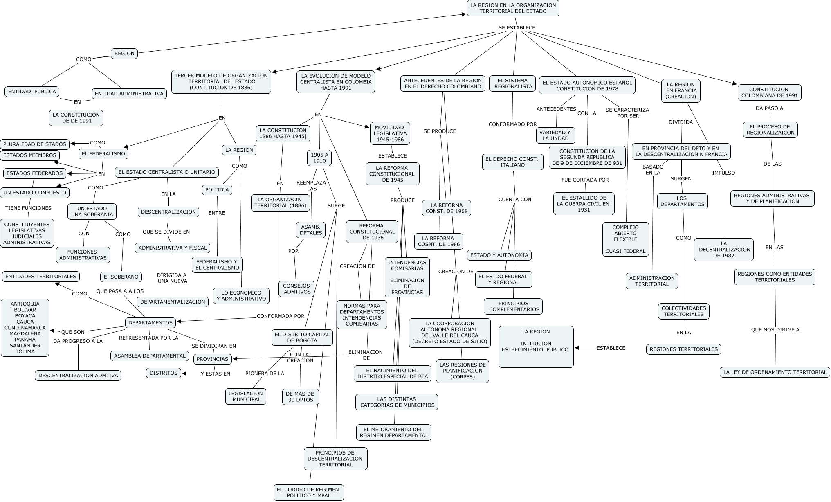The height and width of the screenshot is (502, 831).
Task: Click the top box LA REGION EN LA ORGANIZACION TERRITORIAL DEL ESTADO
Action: pyautogui.click(x=513, y=8)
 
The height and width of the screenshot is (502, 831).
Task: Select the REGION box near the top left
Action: pyautogui.click(x=124, y=53)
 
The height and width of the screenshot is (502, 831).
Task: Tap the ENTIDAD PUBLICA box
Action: pyautogui.click(x=32, y=91)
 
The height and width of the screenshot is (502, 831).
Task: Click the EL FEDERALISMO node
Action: pyautogui.click(x=103, y=154)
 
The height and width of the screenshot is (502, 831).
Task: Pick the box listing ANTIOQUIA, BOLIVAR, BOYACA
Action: pyautogui.click(x=25, y=328)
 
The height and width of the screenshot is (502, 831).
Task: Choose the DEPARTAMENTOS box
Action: pyautogui.click(x=150, y=322)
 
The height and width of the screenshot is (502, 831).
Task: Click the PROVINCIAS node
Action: pyautogui.click(x=212, y=359)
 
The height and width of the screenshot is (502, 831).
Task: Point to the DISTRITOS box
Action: pyautogui.click(x=164, y=373)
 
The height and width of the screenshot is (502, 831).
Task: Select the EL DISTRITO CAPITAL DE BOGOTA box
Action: pyautogui.click(x=302, y=338)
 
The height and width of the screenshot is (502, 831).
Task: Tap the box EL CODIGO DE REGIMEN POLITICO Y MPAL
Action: pyautogui.click(x=308, y=493)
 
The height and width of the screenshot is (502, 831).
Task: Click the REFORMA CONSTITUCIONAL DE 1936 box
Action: pyautogui.click(x=372, y=232)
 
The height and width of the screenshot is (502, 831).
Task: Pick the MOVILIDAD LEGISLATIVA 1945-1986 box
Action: pyautogui.click(x=390, y=133)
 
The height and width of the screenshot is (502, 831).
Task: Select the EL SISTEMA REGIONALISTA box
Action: pyautogui.click(x=513, y=83)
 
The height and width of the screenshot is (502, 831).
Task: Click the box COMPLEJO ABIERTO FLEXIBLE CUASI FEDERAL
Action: pyautogui.click(x=625, y=239)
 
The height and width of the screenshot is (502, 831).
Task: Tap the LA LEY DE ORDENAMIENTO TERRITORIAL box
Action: pyautogui.click(x=775, y=372)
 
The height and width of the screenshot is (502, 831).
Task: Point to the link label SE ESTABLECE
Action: pyautogui.click(x=517, y=28)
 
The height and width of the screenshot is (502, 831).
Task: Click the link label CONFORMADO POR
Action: pyautogui.click(x=512, y=124)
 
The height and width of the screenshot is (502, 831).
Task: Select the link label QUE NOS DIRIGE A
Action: pyautogui.click(x=775, y=329)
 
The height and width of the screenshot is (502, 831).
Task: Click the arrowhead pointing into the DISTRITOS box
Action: pyautogui.click(x=185, y=373)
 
